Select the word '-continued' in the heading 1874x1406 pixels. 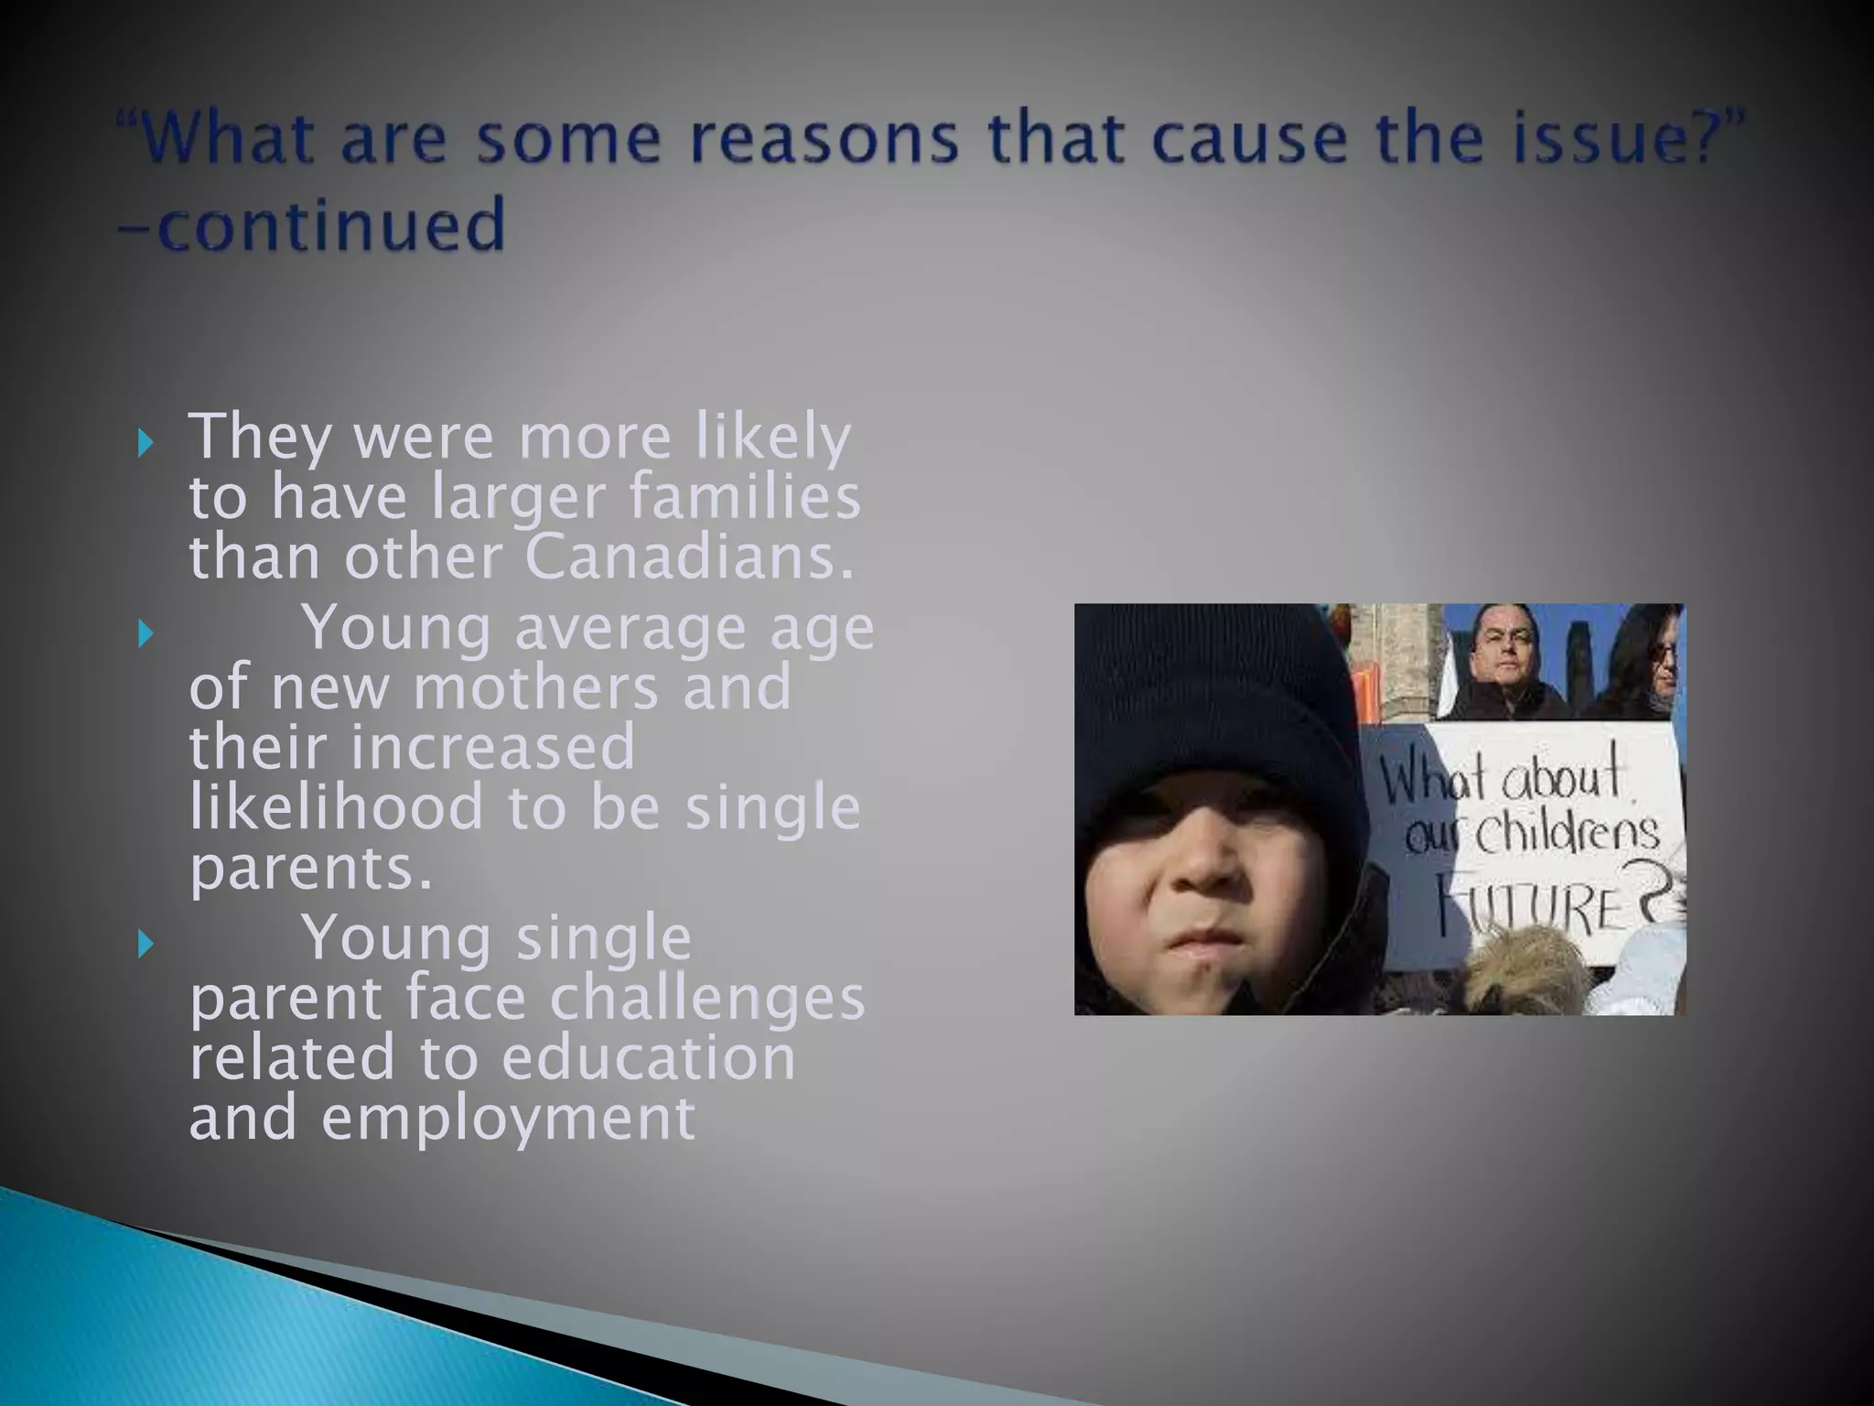(311, 225)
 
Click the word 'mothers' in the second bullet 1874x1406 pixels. (535, 687)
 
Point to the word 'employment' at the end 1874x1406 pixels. (508, 1118)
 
